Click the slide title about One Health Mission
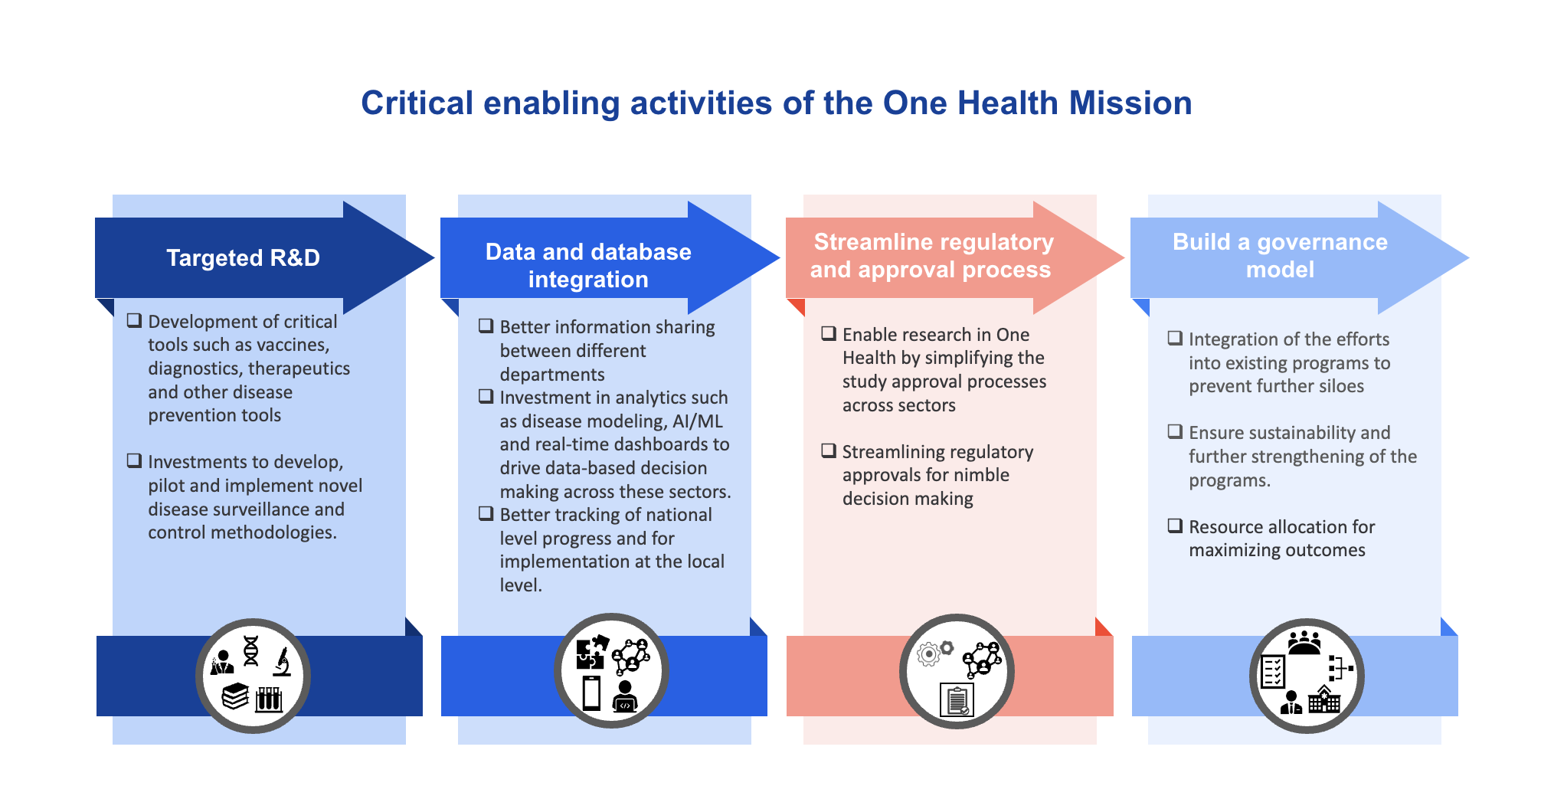776,103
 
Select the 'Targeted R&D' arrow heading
244,258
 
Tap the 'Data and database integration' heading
588,265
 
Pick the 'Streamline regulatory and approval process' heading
932,256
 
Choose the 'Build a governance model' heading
1280,256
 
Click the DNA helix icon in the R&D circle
251,650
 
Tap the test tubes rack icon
269,699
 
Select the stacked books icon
235,696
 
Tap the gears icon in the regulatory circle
934,653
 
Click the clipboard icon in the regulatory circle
957,700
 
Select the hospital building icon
1324,699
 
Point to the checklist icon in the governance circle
1273,672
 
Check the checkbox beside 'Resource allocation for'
1175,526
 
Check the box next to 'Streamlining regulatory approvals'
829,450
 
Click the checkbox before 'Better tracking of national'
486,513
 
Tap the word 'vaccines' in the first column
295,346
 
